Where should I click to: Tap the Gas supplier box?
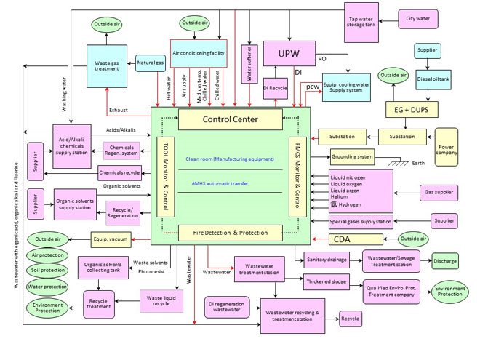pyautogui.click(x=439, y=193)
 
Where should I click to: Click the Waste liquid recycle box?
pyautogui.click(x=161, y=300)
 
